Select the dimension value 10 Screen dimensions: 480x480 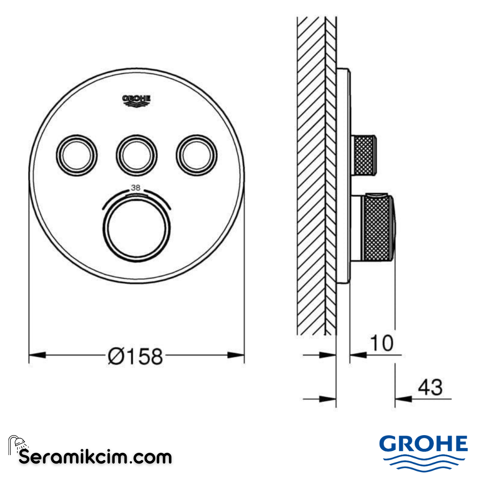point(381,343)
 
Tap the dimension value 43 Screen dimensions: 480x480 point(430,388)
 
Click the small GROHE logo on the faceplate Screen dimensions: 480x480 point(136,100)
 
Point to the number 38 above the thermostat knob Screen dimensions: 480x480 point(136,188)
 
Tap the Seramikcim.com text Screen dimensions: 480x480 point(95,456)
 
